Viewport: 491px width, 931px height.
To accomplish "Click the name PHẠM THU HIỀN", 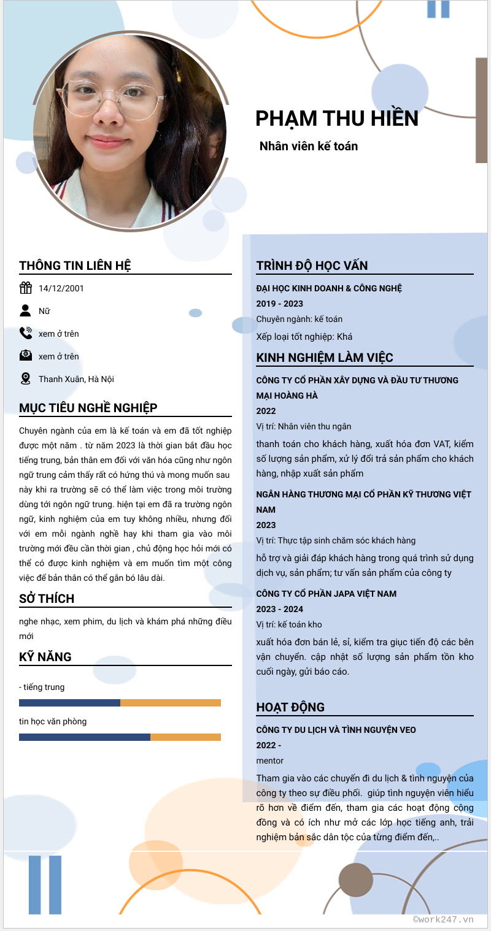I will coord(336,118).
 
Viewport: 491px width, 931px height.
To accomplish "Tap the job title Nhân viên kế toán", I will coord(308,146).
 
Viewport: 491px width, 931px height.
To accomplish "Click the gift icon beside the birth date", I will coord(26,288).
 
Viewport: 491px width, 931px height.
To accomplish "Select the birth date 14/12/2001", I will coord(61,288).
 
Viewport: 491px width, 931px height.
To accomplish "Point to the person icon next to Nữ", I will coord(26,311).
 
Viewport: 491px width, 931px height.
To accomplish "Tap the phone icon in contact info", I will coord(26,334).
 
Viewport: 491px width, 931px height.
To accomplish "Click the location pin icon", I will coord(26,379).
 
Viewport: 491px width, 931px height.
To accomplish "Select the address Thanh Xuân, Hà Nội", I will coord(76,379).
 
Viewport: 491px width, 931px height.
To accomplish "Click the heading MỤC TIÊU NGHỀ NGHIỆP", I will coord(88,408).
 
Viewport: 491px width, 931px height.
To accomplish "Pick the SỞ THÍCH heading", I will coord(47,599).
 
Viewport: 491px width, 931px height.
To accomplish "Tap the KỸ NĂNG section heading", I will coord(45,657).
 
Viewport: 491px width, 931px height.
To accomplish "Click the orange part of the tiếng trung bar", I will coord(171,703).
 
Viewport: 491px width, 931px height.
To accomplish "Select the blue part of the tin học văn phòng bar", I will coord(85,737).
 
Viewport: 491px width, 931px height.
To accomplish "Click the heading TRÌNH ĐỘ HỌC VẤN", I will coord(312,266).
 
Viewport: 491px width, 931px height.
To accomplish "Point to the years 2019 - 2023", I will coord(279,304).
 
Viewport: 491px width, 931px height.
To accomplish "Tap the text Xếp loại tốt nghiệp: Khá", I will coord(304,337).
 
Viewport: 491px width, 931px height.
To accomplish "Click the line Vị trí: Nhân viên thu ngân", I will coord(303,426).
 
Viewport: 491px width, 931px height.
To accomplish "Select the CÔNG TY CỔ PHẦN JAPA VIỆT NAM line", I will coord(326,594).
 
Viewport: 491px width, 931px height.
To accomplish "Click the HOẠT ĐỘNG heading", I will coord(290,707).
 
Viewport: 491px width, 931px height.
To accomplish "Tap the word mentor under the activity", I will coord(270,761).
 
